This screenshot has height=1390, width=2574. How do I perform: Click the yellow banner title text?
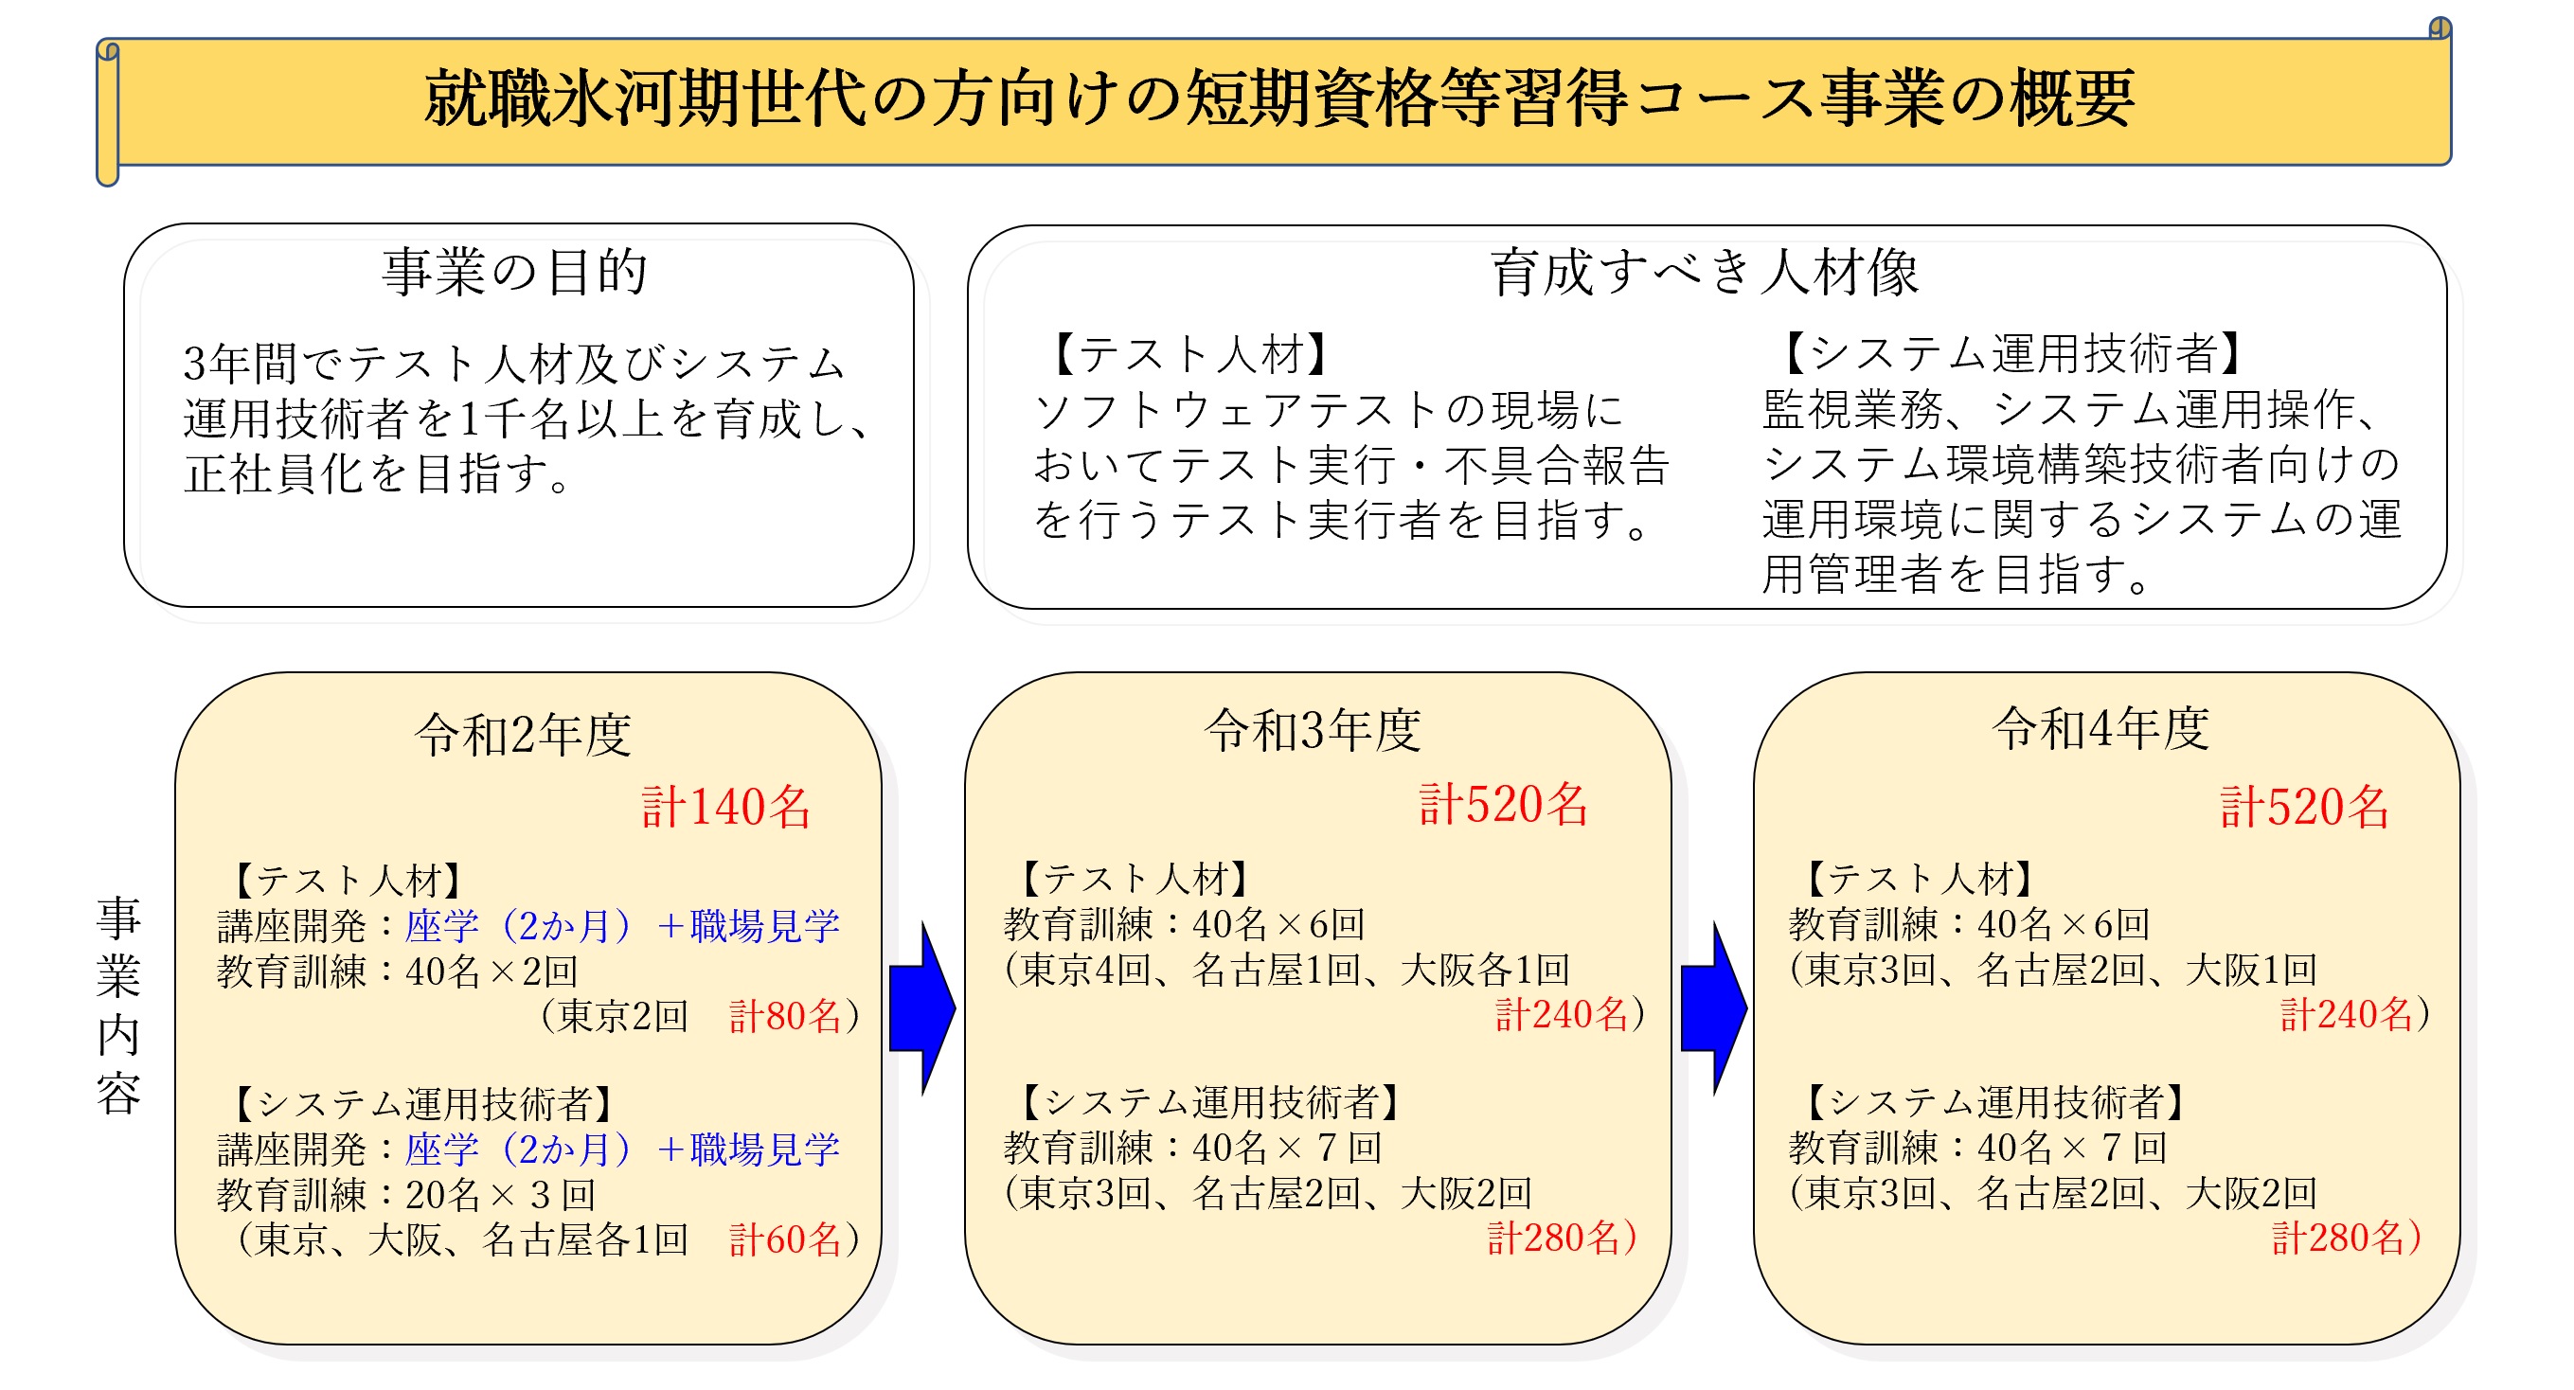pyautogui.click(x=1279, y=98)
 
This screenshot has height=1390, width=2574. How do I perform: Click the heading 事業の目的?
pyautogui.click(x=515, y=272)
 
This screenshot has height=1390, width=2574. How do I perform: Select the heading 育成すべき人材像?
pyautogui.click(x=1705, y=273)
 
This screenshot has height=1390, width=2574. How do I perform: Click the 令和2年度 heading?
pyautogui.click(x=524, y=735)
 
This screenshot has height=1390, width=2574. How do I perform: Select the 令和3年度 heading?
pyautogui.click(x=1313, y=729)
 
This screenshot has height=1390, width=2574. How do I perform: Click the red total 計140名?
pyautogui.click(x=726, y=807)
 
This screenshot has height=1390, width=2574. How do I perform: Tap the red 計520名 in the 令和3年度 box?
pyautogui.click(x=1504, y=805)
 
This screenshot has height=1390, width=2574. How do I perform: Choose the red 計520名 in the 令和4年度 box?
pyautogui.click(x=2305, y=807)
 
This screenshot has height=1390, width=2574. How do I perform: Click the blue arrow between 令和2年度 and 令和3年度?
pyautogui.click(x=922, y=1008)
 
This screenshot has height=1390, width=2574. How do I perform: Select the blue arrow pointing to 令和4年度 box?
pyautogui.click(x=1714, y=1008)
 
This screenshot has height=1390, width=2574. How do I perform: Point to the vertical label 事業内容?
pyautogui.click(x=119, y=1006)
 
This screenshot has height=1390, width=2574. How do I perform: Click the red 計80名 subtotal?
pyautogui.click(x=785, y=1016)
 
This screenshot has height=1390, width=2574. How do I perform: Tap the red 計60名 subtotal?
pyautogui.click(x=785, y=1240)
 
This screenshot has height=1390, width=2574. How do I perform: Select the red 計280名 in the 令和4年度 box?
pyautogui.click(x=2339, y=1239)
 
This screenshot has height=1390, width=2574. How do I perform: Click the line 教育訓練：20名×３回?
pyautogui.click(x=406, y=1195)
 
